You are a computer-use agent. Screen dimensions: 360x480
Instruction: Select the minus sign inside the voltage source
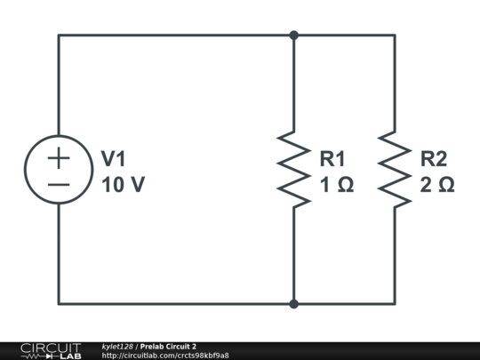coord(59,183)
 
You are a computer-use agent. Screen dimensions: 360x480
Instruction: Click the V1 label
coord(113,159)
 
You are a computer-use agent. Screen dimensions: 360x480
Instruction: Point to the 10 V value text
coord(122,185)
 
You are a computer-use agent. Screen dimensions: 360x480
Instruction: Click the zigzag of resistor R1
coord(293,170)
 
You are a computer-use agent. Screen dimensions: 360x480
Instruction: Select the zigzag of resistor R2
coord(395,170)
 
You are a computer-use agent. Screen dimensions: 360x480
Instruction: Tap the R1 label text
coord(332,159)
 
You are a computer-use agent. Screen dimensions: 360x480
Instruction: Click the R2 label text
coord(434,159)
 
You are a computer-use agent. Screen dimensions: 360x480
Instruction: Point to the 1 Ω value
coord(337,185)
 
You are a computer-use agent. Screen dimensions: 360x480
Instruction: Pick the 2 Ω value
coord(437,185)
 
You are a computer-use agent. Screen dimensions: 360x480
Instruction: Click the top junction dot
coord(293,36)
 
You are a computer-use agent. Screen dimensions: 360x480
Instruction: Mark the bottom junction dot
coord(293,304)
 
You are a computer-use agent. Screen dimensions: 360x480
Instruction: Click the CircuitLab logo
coord(51,350)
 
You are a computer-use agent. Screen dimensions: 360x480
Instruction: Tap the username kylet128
coord(117,346)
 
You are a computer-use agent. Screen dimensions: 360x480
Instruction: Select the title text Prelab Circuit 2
coord(168,346)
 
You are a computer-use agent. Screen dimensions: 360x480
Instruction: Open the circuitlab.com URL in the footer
coord(165,356)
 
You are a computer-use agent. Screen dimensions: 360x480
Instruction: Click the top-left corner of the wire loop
coord(59,36)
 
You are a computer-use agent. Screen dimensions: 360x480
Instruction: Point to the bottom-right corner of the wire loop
coord(395,304)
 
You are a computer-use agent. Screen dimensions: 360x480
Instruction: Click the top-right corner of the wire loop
coord(395,36)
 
